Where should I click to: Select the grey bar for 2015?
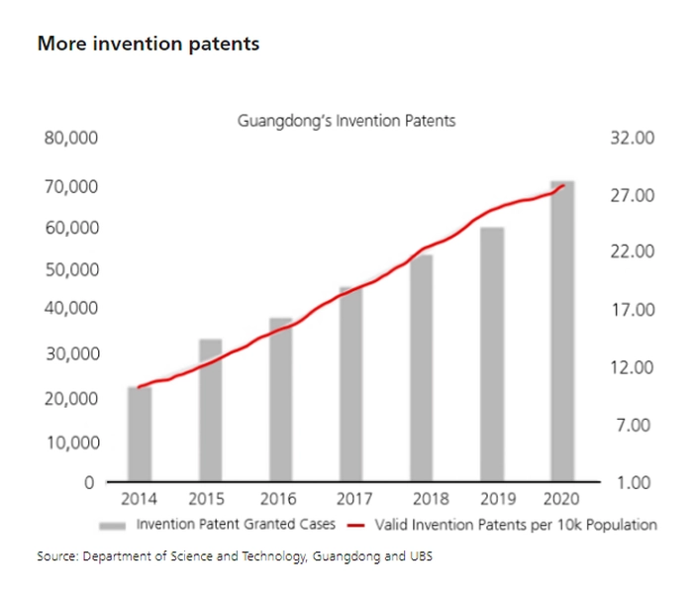[210, 410]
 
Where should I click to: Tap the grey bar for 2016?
[280, 400]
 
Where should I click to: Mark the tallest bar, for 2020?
[562, 332]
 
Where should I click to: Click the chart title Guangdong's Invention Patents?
[346, 121]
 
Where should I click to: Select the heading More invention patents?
[148, 44]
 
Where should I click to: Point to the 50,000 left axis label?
[70, 269]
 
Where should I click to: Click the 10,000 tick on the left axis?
[70, 441]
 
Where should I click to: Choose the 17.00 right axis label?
[634, 311]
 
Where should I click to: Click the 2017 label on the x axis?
[351, 499]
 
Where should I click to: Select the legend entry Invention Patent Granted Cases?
[236, 524]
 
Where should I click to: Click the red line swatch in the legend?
[360, 525]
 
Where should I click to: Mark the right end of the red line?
[563, 185]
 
